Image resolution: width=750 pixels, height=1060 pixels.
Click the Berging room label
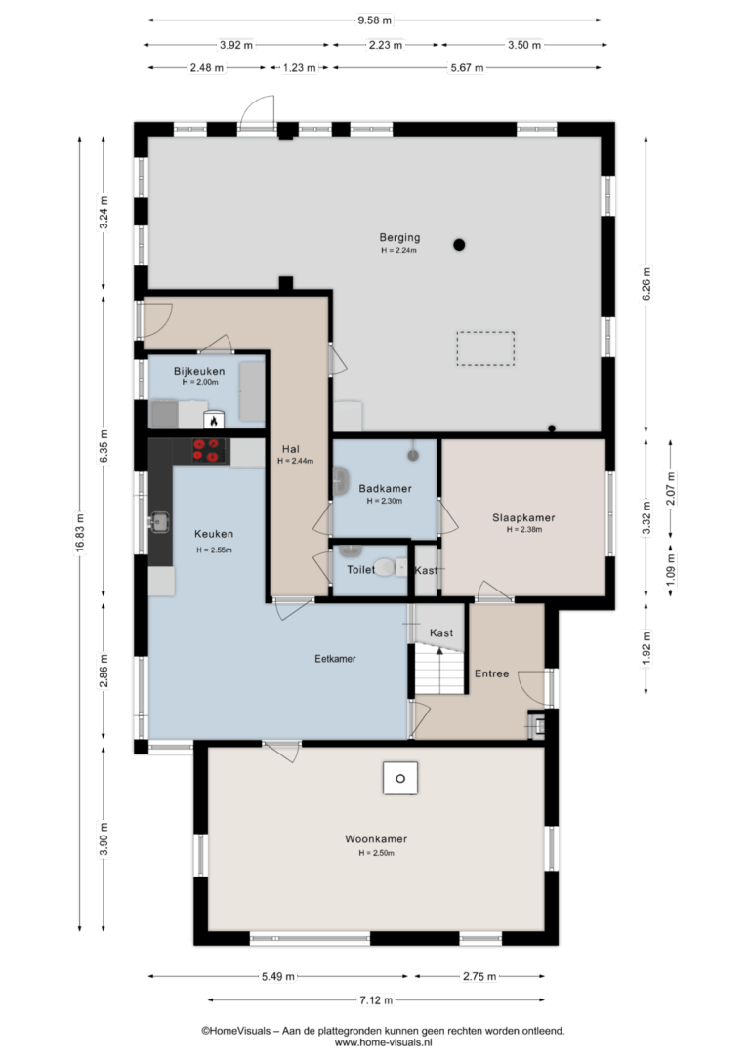coord(399,237)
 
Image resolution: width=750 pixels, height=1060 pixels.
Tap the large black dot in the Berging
coord(459,245)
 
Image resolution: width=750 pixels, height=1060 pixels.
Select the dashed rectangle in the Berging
coord(485,348)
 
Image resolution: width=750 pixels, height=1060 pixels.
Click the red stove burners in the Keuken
coord(207,450)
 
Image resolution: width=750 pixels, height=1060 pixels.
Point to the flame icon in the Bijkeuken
coord(214,421)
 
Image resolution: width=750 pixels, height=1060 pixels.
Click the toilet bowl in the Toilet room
coord(386,567)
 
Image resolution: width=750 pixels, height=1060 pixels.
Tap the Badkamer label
coord(385,488)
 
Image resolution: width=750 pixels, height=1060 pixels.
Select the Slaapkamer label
coord(523,518)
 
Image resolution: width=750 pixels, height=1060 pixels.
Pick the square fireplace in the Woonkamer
coord(400,778)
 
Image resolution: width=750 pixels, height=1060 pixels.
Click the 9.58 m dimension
coord(375,20)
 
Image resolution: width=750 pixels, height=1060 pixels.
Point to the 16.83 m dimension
coord(80,534)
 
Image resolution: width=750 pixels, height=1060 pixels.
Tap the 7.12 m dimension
coord(376,999)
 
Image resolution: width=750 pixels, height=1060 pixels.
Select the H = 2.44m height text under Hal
coord(296,461)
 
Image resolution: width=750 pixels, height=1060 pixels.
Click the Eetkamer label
coord(335,659)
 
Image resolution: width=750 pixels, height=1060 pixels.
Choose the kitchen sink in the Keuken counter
coord(159,522)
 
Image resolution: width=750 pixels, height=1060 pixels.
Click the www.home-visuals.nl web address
coord(383,1043)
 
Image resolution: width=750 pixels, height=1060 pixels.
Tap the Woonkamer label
coord(376,839)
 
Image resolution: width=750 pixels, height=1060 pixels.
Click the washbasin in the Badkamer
coord(341,481)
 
